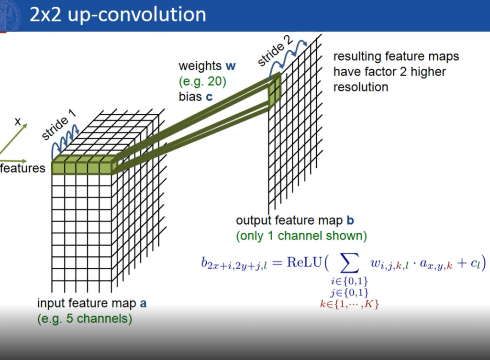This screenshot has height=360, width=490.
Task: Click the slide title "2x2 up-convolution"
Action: [118, 14]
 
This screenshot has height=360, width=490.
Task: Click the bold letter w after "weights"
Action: [231, 66]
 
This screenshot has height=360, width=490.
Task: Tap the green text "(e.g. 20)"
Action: [202, 81]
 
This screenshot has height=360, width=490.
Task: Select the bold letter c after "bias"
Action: [209, 97]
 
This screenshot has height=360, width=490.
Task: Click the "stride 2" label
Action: [275, 50]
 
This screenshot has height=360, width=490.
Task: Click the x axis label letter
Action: [18, 121]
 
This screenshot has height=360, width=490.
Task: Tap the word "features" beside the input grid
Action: [22, 168]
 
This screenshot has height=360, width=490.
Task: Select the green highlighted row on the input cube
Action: [84, 165]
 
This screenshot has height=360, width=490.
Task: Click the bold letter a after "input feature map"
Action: [143, 304]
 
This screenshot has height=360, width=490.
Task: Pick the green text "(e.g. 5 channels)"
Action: [85, 319]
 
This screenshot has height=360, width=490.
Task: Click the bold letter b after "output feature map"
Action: [350, 220]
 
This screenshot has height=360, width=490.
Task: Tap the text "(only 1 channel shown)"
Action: [301, 236]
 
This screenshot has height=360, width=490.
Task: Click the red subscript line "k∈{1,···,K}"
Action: [349, 304]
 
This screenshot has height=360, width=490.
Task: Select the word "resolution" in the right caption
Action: [361, 87]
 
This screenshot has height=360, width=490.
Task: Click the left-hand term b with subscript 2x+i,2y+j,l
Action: [234, 263]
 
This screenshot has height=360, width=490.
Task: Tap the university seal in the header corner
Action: [10, 15]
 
